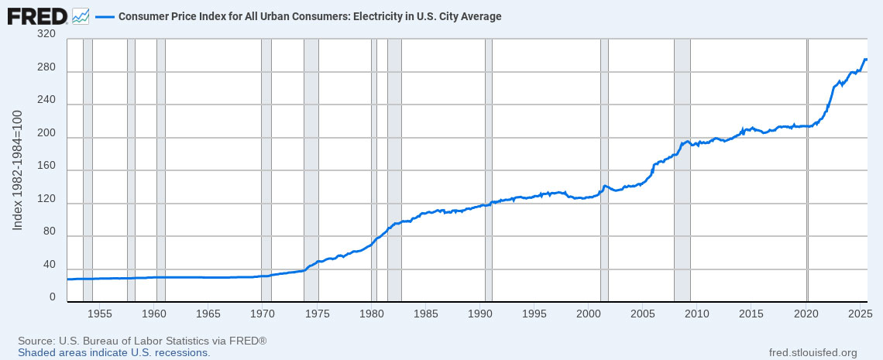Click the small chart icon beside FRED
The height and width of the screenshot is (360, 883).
click(81, 15)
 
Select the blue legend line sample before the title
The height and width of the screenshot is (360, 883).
click(105, 16)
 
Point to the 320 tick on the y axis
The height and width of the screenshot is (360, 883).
click(46, 34)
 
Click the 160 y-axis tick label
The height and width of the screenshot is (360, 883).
click(46, 170)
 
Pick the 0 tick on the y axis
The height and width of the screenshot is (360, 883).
click(52, 297)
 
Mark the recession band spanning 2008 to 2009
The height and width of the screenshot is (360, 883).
click(682, 170)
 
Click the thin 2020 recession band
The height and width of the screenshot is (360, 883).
click(807, 170)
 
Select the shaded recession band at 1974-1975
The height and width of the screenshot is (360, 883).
click(311, 170)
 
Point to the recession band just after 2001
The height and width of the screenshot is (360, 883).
click(604, 170)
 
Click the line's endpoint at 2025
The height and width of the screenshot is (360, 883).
click(865, 60)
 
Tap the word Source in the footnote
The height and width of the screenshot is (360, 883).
click(36, 341)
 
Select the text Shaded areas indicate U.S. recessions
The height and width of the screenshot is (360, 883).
click(114, 352)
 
